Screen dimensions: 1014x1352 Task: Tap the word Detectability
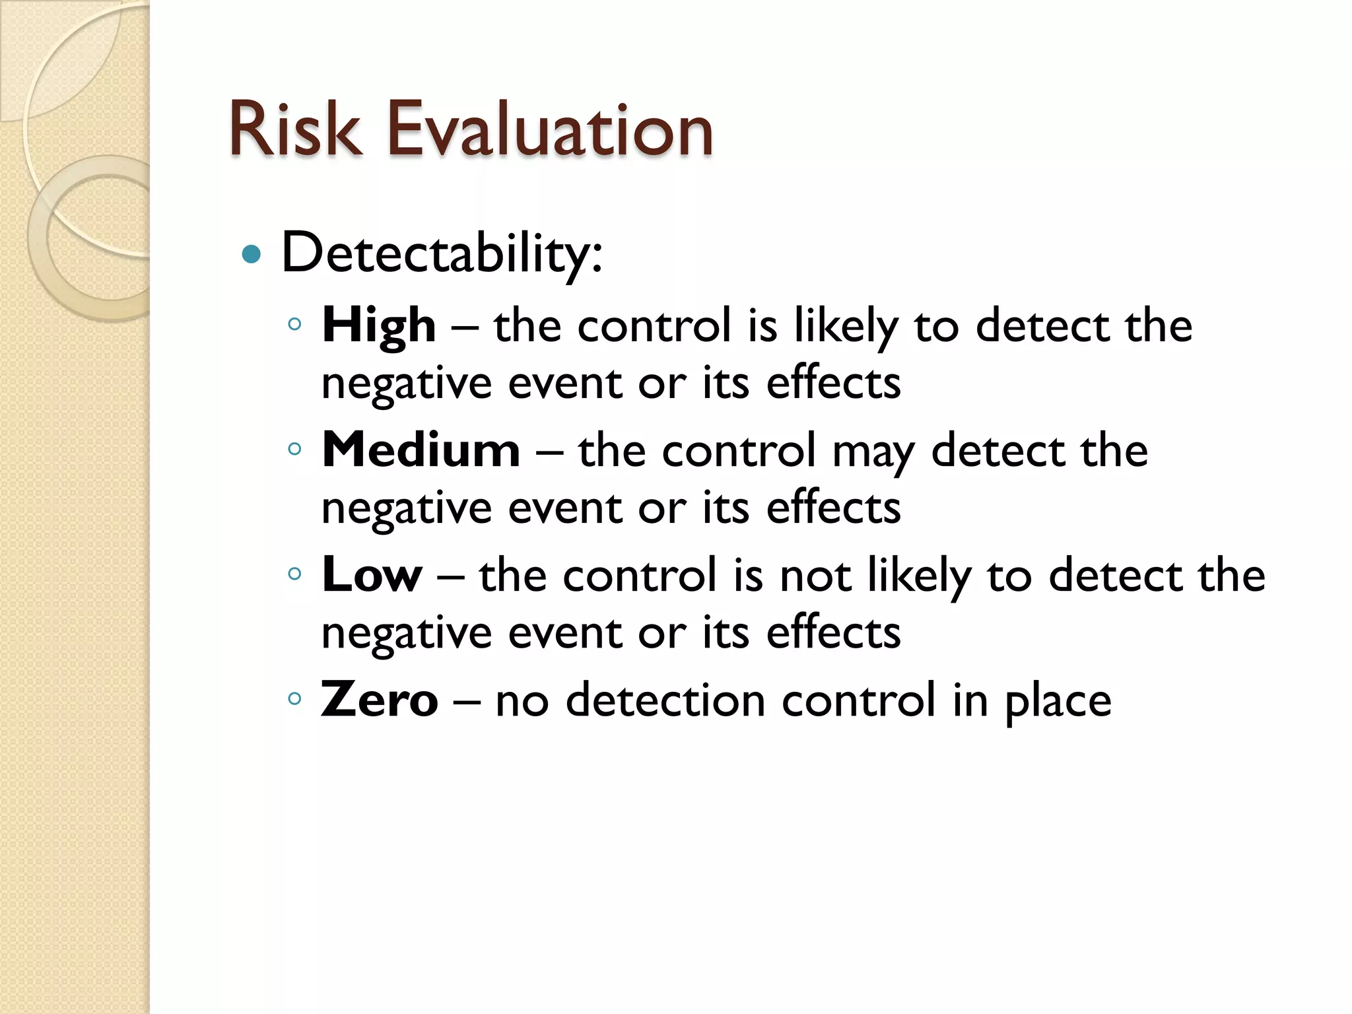pyautogui.click(x=441, y=253)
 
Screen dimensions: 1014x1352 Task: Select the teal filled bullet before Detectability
pyautogui.click(x=252, y=254)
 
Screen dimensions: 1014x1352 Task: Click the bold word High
pyautogui.click(x=378, y=325)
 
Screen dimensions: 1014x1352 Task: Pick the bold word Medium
pyautogui.click(x=421, y=450)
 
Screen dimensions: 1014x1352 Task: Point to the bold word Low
pyautogui.click(x=371, y=575)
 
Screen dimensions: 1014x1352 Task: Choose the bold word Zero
pyautogui.click(x=379, y=700)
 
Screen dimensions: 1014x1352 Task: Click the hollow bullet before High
pyautogui.click(x=295, y=324)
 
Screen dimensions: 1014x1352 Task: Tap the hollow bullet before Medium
pyautogui.click(x=295, y=449)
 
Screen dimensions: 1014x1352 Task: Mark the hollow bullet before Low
pyautogui.click(x=295, y=574)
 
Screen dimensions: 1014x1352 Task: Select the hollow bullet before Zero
pyautogui.click(x=295, y=698)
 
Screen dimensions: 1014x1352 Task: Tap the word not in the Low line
pyautogui.click(x=815, y=576)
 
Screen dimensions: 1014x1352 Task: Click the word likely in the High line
pyautogui.click(x=846, y=327)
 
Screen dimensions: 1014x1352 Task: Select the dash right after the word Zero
pyautogui.click(x=467, y=702)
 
